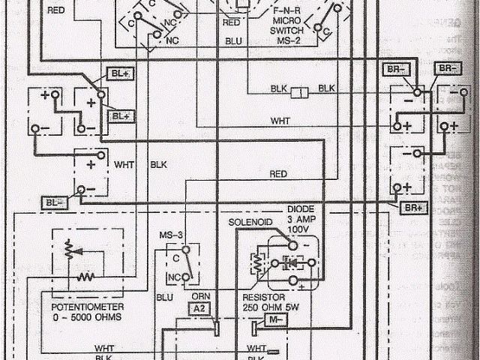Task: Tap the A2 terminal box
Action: tap(198, 308)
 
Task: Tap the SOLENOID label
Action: tap(250, 223)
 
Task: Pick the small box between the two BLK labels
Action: tap(298, 92)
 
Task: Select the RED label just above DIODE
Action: tap(278, 173)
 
